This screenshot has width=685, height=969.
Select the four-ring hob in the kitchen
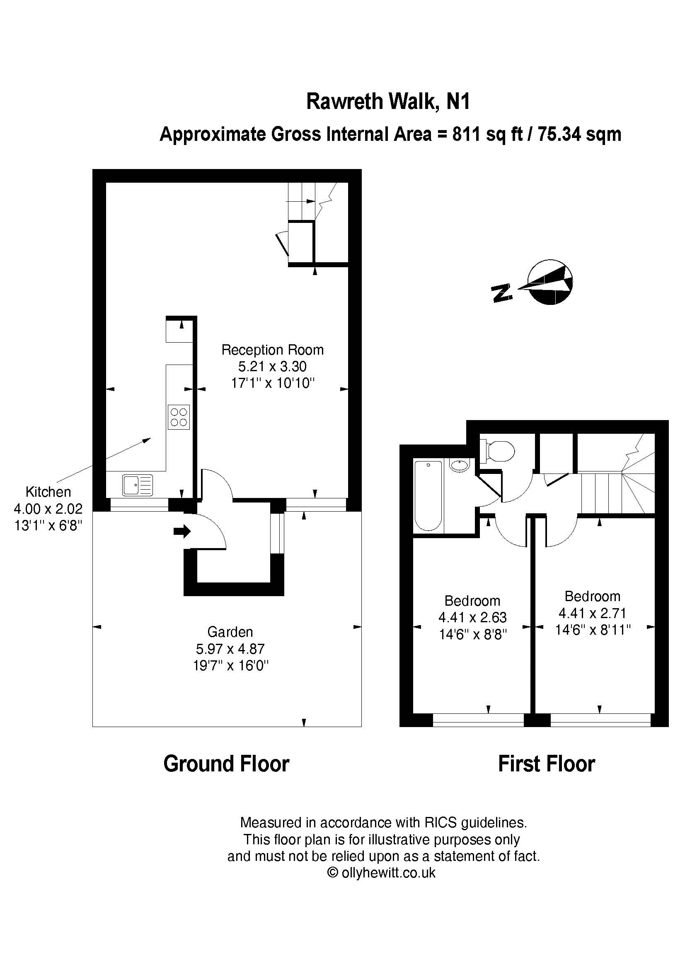(179, 417)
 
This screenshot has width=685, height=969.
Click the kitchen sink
(138, 485)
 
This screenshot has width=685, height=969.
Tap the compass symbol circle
(551, 283)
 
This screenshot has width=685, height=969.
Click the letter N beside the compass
(501, 293)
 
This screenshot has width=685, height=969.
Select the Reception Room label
(273, 350)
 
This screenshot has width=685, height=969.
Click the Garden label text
(230, 632)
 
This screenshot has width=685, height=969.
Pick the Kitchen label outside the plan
(48, 492)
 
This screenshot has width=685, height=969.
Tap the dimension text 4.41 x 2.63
(472, 617)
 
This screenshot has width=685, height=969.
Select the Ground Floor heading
(226, 764)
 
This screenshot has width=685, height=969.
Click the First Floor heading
(547, 764)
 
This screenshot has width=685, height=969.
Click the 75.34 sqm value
(579, 134)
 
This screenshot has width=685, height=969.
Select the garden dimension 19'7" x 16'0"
(231, 666)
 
